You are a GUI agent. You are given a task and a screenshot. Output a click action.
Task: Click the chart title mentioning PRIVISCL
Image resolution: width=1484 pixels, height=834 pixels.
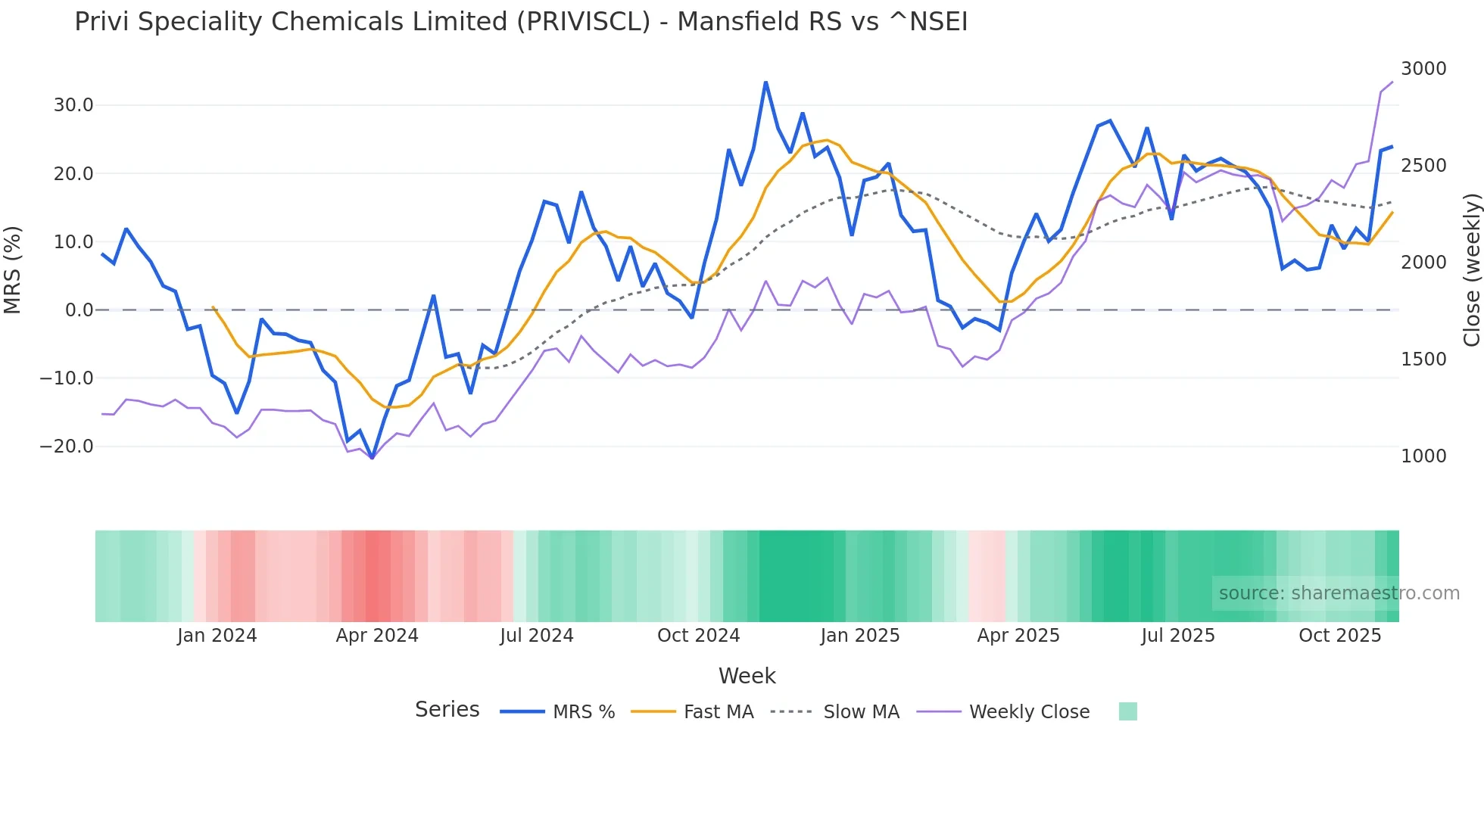(521, 22)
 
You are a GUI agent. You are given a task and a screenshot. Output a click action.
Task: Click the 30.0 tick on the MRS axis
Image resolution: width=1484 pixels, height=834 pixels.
(73, 105)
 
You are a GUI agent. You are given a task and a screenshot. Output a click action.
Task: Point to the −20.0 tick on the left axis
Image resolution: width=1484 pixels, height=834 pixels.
(67, 447)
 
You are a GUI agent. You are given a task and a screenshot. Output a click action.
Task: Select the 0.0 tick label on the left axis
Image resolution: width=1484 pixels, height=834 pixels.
(79, 310)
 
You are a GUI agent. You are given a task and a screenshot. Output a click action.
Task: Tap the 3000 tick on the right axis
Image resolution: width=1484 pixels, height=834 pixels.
(1423, 69)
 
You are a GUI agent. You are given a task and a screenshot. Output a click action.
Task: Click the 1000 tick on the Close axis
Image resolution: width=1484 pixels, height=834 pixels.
(1423, 456)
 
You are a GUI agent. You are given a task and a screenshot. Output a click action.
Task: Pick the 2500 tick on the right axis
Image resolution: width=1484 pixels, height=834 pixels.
(1423, 166)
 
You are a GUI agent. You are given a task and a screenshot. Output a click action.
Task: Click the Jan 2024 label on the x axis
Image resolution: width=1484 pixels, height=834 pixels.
(217, 636)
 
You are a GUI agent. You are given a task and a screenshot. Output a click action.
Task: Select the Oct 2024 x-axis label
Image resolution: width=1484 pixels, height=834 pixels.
(698, 636)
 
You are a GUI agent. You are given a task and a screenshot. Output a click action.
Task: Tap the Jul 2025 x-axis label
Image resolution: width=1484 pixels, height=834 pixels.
(1178, 636)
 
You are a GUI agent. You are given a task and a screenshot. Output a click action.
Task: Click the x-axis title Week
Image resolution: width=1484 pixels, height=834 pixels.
(747, 676)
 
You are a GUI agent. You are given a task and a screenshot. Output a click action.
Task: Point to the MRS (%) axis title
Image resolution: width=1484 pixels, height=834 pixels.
(13, 269)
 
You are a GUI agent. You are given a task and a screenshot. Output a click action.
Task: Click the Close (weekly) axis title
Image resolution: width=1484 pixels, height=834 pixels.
(1471, 269)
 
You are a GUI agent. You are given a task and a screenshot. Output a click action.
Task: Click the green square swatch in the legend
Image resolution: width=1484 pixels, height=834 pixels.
(1127, 711)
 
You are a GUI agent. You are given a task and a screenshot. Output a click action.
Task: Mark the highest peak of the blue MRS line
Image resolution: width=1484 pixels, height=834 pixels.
(765, 82)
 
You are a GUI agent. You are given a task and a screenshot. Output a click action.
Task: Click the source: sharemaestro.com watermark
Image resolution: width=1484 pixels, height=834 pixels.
(1339, 593)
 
